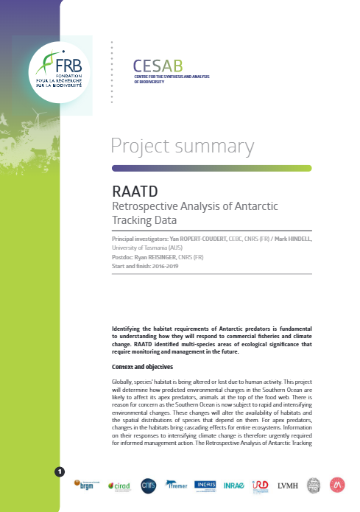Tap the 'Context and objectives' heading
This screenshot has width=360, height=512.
click(x=142, y=366)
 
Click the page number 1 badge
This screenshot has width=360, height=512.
click(x=60, y=471)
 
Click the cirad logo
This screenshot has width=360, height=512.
click(x=119, y=485)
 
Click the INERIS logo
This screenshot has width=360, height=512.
click(x=205, y=485)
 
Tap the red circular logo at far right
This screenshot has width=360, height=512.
click(x=338, y=484)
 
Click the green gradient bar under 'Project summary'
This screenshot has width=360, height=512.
click(x=211, y=168)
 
